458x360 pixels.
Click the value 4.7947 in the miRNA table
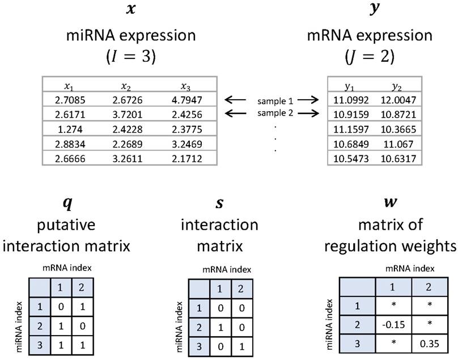pos(186,100)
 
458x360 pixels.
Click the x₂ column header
pos(126,86)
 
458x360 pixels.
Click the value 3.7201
pos(126,114)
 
